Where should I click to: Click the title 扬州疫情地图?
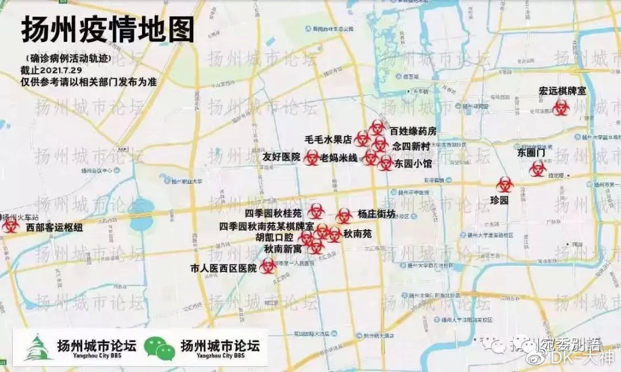(x=108, y=30)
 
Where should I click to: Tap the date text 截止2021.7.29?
(x=55, y=70)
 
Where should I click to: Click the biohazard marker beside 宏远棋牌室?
(x=561, y=107)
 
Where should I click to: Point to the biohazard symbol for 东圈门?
(x=538, y=168)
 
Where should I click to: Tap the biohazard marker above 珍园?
(x=505, y=184)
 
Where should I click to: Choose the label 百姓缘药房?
(x=413, y=131)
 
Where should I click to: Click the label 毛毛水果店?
(x=328, y=139)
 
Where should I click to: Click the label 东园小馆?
(x=413, y=164)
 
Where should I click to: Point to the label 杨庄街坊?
(x=376, y=214)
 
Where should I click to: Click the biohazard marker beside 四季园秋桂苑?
(x=316, y=211)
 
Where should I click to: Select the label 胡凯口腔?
(x=274, y=237)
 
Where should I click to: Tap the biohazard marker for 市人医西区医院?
(x=267, y=265)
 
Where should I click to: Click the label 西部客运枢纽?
(x=55, y=227)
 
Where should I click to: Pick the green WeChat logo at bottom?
(x=159, y=348)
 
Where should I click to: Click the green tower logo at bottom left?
(x=38, y=348)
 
